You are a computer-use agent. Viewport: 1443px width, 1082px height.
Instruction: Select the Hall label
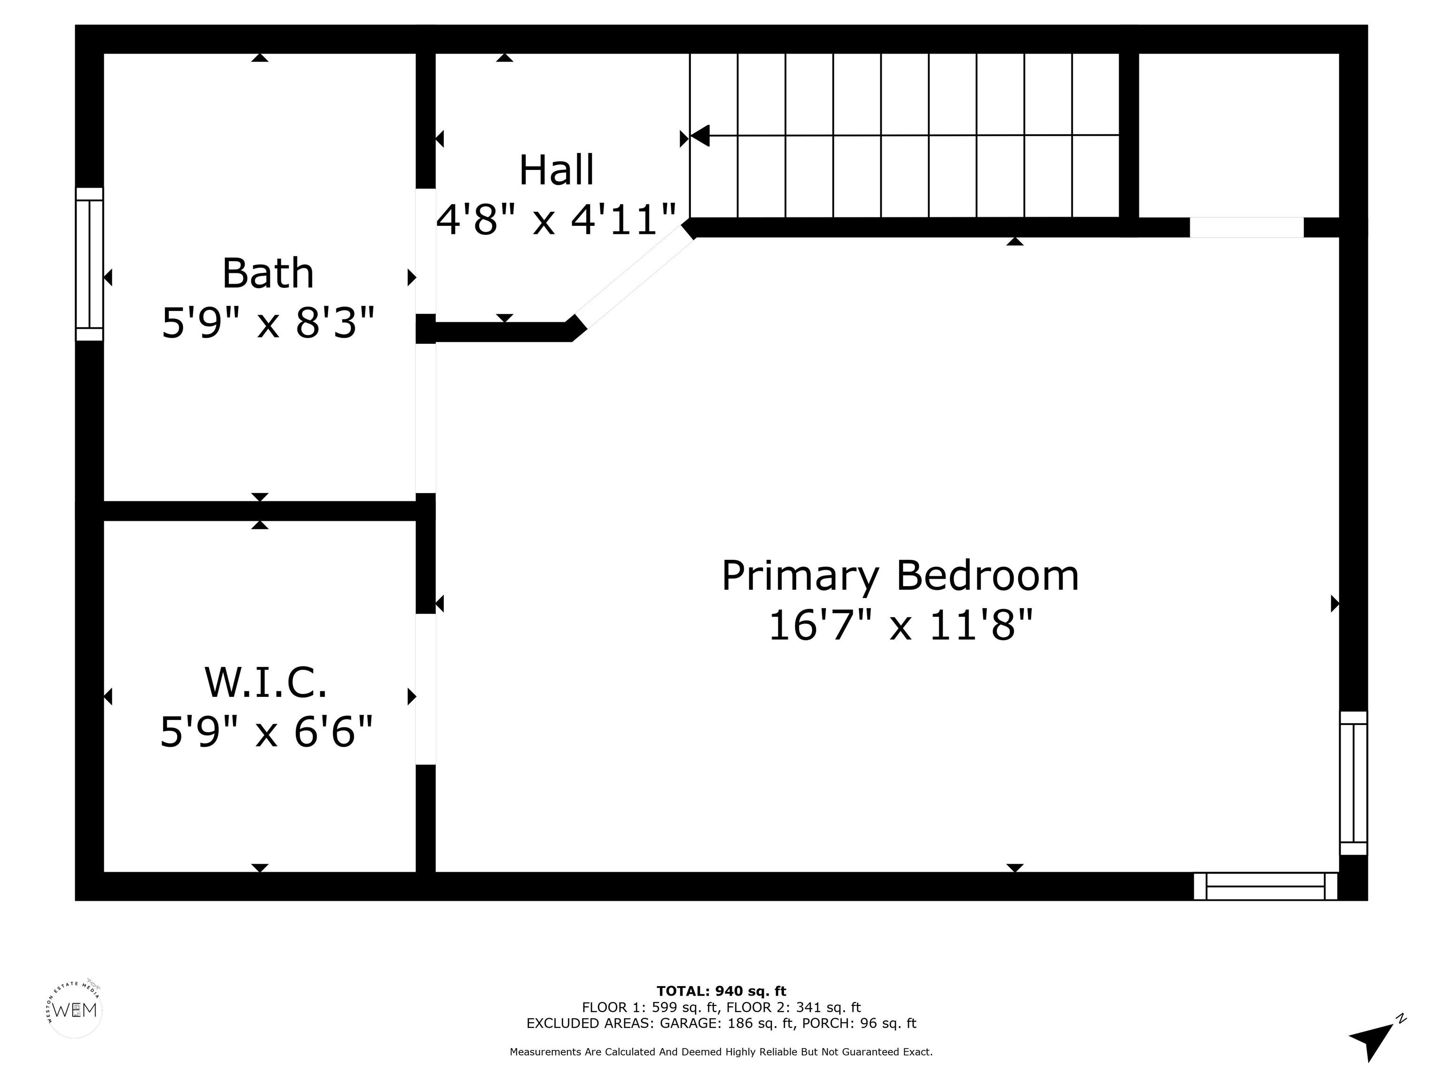(x=557, y=170)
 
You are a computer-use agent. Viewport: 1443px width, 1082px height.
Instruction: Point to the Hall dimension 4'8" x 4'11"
(x=557, y=219)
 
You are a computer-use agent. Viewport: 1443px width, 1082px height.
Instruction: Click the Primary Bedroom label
(x=900, y=576)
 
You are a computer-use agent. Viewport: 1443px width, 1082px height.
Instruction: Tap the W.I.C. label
(x=266, y=682)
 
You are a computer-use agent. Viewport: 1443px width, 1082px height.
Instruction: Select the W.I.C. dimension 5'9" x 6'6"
(x=266, y=731)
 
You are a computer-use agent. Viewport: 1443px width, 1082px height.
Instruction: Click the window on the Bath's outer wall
(x=89, y=264)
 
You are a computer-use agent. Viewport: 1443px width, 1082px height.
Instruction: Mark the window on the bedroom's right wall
(x=1354, y=783)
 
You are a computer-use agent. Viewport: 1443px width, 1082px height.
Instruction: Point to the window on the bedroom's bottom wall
(x=1265, y=886)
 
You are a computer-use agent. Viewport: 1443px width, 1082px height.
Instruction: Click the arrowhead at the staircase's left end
(x=699, y=136)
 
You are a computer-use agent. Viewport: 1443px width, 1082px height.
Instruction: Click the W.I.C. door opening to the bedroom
(x=425, y=689)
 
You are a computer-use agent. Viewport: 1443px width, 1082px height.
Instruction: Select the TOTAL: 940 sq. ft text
(x=721, y=992)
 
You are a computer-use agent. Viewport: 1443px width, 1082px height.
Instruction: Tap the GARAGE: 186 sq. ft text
(x=727, y=1023)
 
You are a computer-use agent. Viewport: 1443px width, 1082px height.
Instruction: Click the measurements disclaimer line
(x=721, y=1052)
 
